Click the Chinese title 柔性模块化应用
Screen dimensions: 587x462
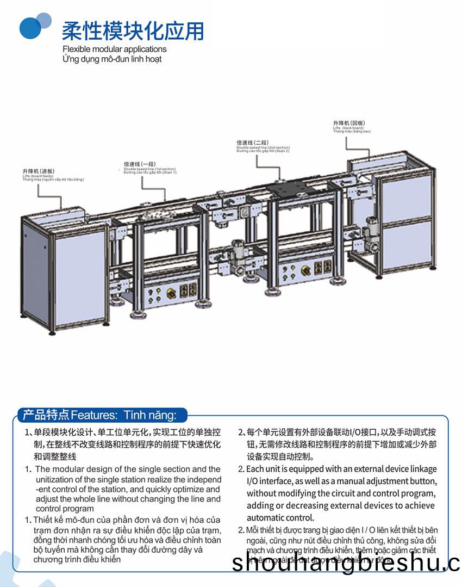[x=133, y=30]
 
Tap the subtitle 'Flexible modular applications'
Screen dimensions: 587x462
[x=114, y=50]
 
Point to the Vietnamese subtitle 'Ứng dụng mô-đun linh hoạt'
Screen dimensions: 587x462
[x=112, y=59]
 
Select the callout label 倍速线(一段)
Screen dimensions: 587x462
[x=140, y=164]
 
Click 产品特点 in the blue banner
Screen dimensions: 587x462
[x=46, y=415]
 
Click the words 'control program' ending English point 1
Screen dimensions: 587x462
[x=65, y=509]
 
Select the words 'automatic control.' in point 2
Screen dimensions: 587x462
[x=280, y=517]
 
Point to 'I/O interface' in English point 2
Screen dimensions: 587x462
[x=269, y=481]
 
